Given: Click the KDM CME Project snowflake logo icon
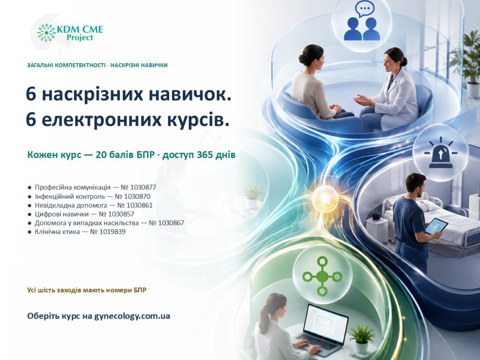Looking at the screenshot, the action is click(x=46, y=33).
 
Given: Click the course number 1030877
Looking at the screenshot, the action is click(x=143, y=187).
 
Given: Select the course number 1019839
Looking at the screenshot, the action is click(x=112, y=232).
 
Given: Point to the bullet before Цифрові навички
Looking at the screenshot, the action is click(x=30, y=214).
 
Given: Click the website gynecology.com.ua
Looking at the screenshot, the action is click(x=132, y=316).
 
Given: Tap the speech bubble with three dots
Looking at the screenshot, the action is click(x=365, y=9).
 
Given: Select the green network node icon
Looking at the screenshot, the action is click(x=322, y=277).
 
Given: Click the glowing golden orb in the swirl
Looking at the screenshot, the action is click(x=325, y=197).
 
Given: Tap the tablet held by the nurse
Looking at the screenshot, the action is click(x=437, y=226).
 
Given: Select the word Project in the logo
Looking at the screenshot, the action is click(x=80, y=37).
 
